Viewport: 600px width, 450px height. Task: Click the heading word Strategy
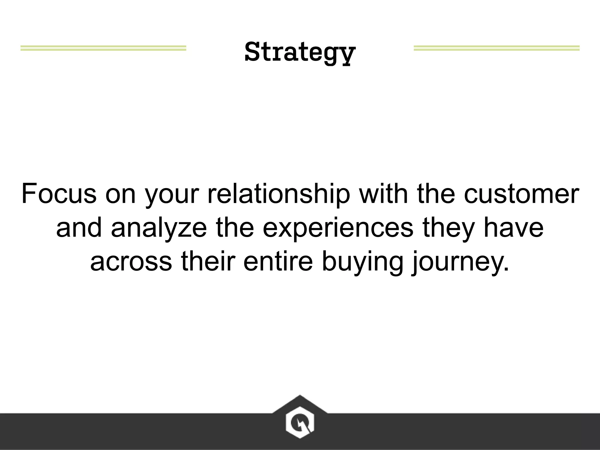pos(300,52)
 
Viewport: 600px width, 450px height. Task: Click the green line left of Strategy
pos(103,48)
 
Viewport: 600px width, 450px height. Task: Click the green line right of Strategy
pos(496,48)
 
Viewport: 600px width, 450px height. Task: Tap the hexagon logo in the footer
pos(300,422)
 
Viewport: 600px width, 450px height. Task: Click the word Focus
pos(59,194)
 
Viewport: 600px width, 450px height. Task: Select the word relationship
pos(279,194)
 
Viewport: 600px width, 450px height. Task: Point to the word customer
pos(521,194)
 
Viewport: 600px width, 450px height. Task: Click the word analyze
pos(159,228)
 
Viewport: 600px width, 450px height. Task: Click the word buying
pos(362,262)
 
